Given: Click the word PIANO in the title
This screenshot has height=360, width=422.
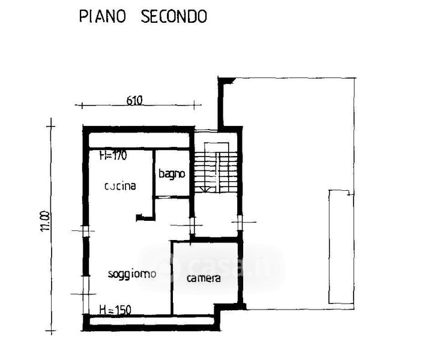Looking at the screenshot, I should (103, 16).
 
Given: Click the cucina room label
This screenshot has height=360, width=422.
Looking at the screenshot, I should (120, 186).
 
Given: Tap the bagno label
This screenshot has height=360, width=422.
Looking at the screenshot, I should (172, 174).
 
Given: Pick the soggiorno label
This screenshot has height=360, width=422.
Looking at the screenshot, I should (132, 274).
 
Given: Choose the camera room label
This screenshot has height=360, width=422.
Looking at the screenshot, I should (203, 278).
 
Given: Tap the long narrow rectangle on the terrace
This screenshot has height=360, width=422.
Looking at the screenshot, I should (339, 247).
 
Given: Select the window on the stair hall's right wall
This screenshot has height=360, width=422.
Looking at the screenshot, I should (243, 225).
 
